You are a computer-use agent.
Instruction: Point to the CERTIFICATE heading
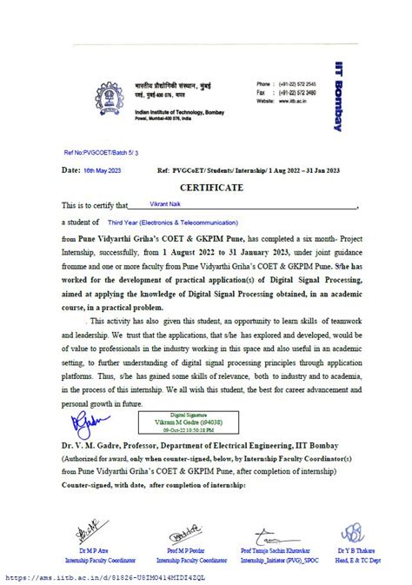tap(206, 187)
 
